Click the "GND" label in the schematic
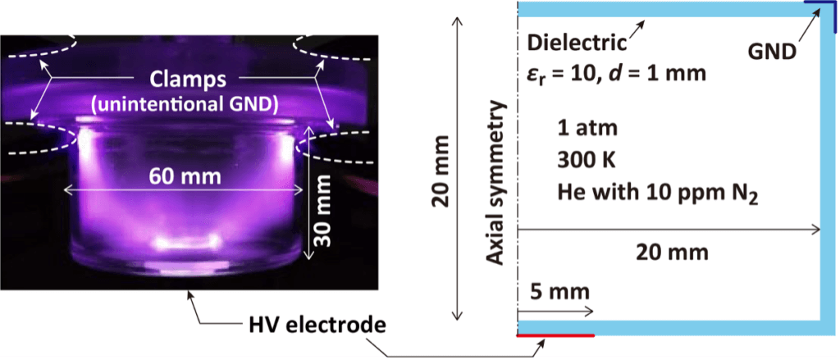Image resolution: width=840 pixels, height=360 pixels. click(774, 53)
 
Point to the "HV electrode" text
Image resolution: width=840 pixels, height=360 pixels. click(316, 322)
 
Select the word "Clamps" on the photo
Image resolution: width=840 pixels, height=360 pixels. click(183, 80)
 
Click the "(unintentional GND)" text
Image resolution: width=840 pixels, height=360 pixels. click(183, 103)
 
